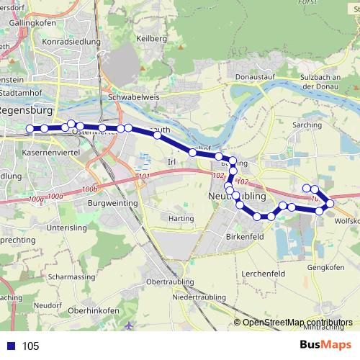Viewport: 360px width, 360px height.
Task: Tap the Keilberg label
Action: (x=152, y=38)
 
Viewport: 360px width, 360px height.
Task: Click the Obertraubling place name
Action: (x=170, y=280)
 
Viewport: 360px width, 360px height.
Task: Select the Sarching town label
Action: (x=307, y=125)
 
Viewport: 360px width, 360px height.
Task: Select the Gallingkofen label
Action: (x=30, y=22)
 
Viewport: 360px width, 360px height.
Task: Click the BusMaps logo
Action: (x=325, y=345)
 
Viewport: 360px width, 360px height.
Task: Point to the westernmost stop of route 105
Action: (x=30, y=129)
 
